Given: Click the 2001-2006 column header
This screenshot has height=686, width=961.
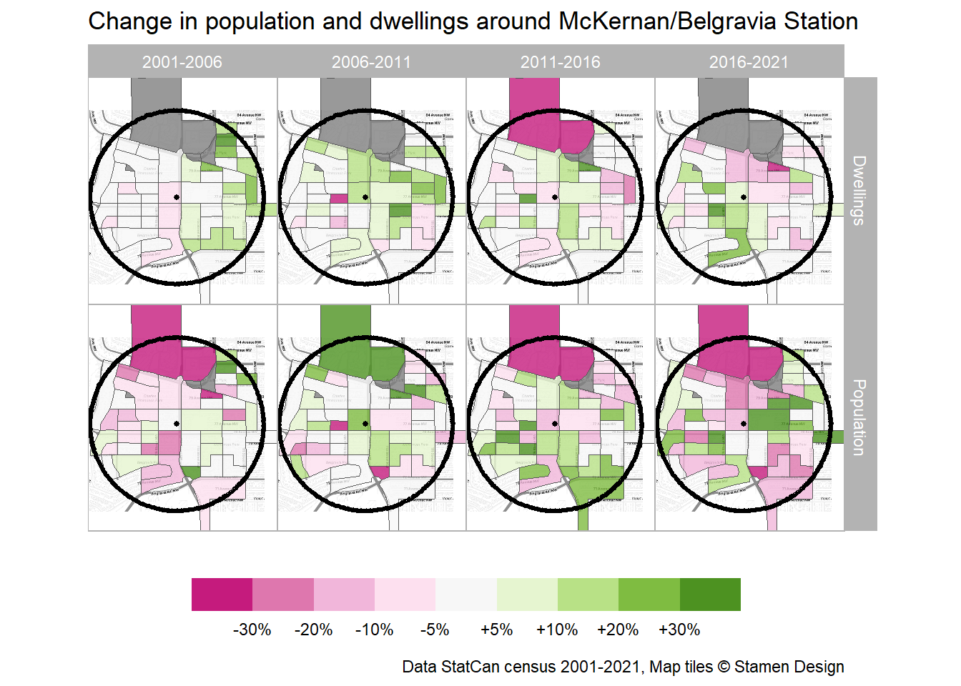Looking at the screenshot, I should point(182,62).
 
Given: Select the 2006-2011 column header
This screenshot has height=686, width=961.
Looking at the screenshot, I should point(371,62).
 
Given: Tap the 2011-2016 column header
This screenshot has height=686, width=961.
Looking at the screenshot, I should point(560,62).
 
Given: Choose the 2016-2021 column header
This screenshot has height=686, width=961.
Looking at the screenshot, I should point(749,62).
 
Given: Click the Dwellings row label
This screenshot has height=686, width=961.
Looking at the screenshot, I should point(859,191).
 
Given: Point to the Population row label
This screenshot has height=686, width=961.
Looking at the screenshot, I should point(859,417).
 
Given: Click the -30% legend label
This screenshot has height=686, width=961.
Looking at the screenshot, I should point(252,630).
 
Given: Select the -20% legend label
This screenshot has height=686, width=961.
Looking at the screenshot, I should point(313,630).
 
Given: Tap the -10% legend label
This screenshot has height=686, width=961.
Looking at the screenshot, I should point(374,630).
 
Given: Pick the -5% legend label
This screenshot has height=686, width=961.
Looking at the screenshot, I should point(435,630).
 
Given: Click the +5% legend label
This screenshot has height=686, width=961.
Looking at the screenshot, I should point(496,630).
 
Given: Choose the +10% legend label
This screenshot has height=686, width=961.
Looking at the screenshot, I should point(557,630).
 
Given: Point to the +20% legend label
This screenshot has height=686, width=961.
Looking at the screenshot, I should point(618,630).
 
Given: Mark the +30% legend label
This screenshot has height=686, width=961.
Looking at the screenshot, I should point(679,630).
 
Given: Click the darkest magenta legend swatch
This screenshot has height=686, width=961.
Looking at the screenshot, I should point(222,595).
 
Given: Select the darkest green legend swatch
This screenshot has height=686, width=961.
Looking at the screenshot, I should point(710,595).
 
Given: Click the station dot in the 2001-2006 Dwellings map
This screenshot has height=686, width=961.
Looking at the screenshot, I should point(177,197).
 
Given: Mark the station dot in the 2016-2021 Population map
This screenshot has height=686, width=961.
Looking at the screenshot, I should point(744,424).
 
